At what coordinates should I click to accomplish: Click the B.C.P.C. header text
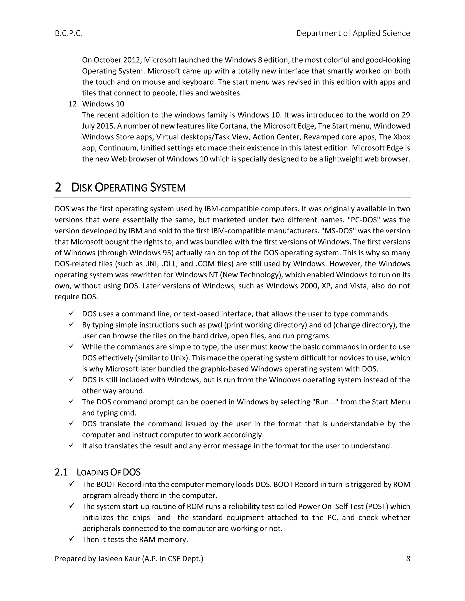point(69,33)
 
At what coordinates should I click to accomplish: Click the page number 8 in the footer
point(408,558)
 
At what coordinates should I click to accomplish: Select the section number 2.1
point(61,472)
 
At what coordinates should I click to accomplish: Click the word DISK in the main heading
point(82,188)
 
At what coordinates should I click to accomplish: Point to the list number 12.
point(74,104)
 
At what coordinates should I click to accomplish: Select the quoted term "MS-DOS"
point(337,231)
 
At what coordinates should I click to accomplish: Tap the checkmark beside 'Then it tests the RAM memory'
point(72,539)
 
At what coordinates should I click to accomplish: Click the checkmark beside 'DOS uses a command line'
point(72,313)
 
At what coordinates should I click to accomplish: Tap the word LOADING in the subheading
point(92,472)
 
